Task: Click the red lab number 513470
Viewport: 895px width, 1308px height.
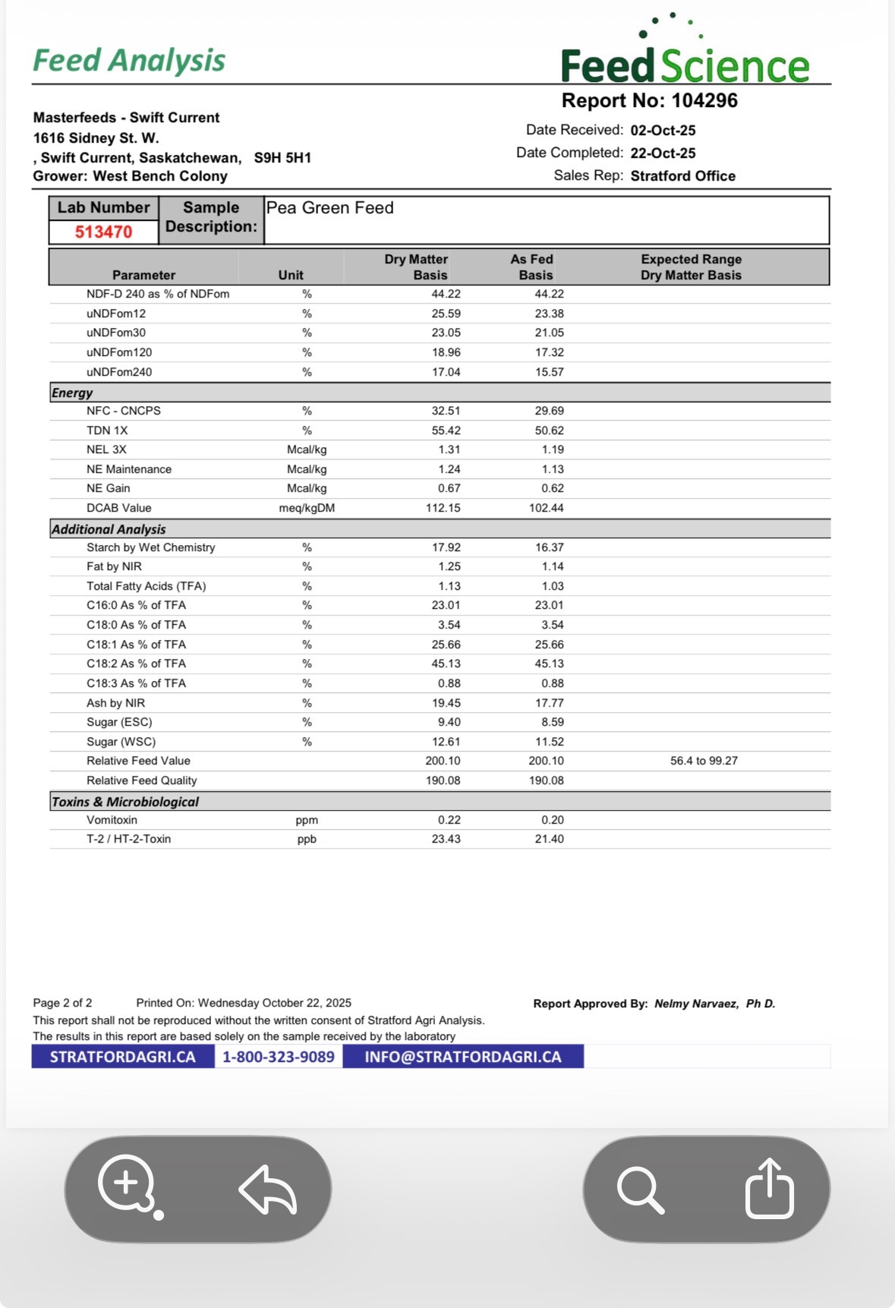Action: pos(103,232)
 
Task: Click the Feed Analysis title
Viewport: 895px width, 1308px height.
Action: pos(129,61)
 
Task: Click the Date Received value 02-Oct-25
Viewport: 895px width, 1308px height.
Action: pos(663,131)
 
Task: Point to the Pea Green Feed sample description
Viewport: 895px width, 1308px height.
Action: pos(329,208)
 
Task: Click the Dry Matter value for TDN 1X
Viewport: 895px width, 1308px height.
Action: pos(446,430)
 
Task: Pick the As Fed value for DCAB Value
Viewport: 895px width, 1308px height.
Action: pos(546,508)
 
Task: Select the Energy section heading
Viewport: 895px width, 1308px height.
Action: pos(72,392)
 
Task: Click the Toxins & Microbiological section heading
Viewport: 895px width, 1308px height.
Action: pos(125,802)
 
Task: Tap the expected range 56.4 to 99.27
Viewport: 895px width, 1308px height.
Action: pos(704,761)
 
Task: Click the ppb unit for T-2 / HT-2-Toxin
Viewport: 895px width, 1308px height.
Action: pos(307,839)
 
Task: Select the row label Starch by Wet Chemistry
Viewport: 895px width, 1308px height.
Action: pos(150,547)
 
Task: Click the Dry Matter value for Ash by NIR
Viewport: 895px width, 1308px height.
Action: pos(446,703)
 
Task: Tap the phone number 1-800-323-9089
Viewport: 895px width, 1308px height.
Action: pos(279,1057)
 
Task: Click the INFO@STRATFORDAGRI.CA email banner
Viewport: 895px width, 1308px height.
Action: pos(462,1057)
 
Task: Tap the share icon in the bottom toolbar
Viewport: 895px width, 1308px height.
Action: pos(769,1188)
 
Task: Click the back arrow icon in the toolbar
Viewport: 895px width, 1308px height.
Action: pos(267,1189)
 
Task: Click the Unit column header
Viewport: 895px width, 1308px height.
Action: pos(291,275)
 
